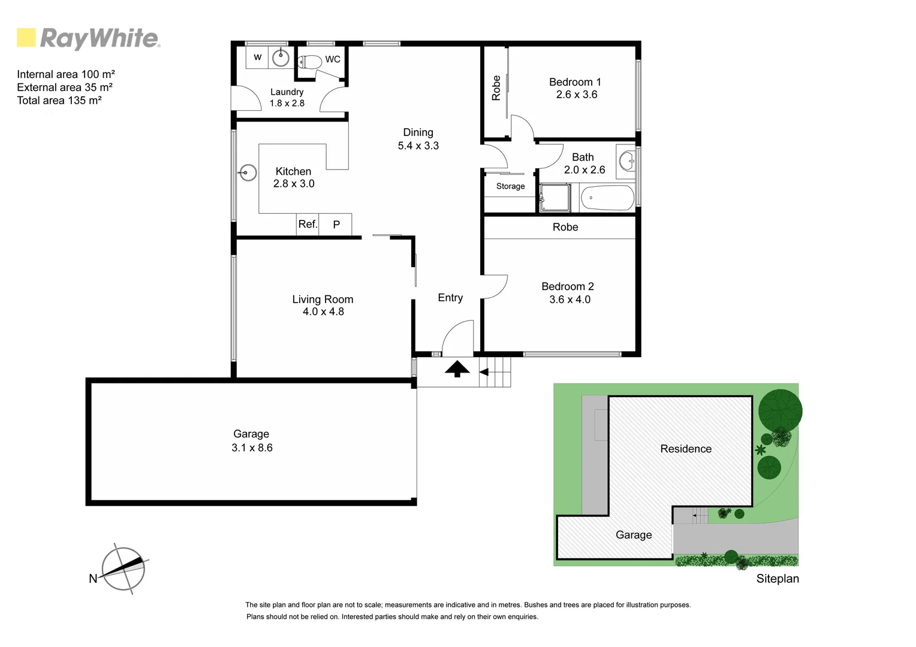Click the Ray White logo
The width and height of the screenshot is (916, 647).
point(88,38)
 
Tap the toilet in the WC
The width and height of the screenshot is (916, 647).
point(310,62)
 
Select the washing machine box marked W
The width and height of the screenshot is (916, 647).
point(258,58)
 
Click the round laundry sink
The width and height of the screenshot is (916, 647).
point(281,58)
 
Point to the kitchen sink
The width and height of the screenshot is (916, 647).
point(248,173)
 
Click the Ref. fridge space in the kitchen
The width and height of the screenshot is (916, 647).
point(308,224)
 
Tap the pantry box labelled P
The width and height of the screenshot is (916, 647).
point(336,225)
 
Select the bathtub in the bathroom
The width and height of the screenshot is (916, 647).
point(607,198)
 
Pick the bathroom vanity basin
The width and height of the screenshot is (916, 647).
point(627,161)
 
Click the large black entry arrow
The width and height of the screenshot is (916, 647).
point(457,369)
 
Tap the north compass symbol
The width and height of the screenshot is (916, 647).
point(123,569)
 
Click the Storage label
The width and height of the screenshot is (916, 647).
point(510,186)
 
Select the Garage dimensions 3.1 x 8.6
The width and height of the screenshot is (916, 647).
point(252,448)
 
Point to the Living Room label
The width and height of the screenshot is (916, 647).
point(323,299)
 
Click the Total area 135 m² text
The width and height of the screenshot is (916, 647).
point(59,101)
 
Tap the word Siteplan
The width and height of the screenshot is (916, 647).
point(777,579)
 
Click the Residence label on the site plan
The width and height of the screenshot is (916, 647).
point(686,449)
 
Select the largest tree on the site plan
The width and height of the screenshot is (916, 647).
point(779,410)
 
